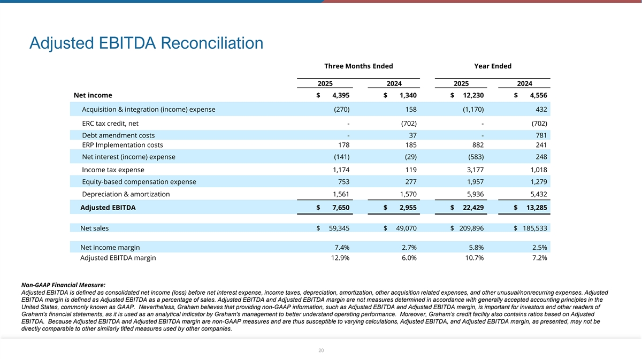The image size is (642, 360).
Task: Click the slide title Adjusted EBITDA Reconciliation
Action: [147, 43]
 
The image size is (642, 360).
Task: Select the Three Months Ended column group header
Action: [358, 66]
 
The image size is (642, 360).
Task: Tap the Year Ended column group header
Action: [492, 66]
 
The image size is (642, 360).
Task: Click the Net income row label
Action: [93, 95]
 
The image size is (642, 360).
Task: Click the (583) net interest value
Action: [475, 157]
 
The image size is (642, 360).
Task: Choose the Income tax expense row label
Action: [113, 170]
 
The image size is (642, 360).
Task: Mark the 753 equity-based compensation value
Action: [343, 182]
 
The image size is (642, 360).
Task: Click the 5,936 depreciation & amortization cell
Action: [474, 194]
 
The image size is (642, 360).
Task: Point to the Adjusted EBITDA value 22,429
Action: [472, 207]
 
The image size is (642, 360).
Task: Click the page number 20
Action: [321, 350]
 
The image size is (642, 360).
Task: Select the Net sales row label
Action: [94, 228]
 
